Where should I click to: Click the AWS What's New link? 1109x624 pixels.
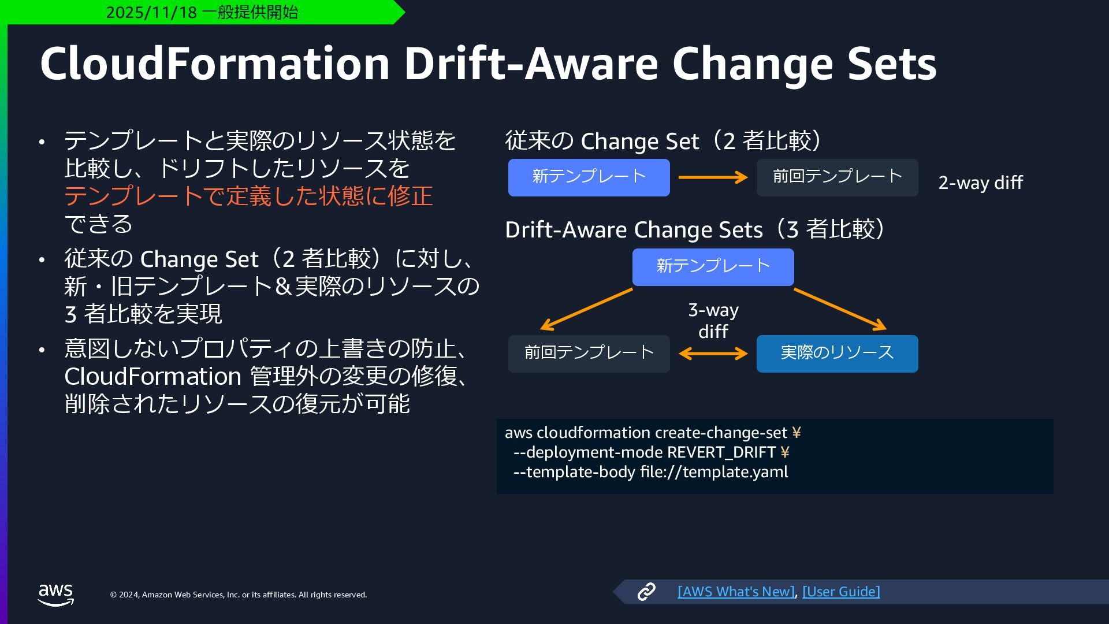tap(736, 592)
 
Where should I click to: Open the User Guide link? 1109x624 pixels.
tap(841, 592)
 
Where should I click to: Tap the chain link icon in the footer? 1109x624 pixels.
tap(646, 592)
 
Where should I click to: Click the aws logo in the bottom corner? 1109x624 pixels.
tap(55, 594)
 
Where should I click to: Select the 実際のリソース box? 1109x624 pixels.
tap(837, 354)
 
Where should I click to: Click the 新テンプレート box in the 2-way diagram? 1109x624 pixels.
tap(589, 177)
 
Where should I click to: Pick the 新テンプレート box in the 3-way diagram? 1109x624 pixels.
tap(713, 267)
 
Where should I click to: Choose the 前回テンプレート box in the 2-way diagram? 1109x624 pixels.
tap(837, 177)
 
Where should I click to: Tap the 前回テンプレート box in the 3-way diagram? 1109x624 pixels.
tap(589, 354)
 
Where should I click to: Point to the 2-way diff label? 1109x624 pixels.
tap(980, 183)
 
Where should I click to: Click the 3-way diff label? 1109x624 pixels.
tap(713, 321)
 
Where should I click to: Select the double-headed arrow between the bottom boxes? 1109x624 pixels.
tap(713, 354)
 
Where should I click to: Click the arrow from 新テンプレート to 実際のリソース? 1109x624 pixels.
tap(840, 310)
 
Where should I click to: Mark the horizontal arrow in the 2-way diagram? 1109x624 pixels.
tap(713, 177)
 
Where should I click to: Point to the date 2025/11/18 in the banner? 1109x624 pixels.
tap(151, 12)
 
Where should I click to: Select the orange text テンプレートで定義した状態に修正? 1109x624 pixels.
tap(248, 196)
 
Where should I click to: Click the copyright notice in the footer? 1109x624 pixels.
tap(239, 595)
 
